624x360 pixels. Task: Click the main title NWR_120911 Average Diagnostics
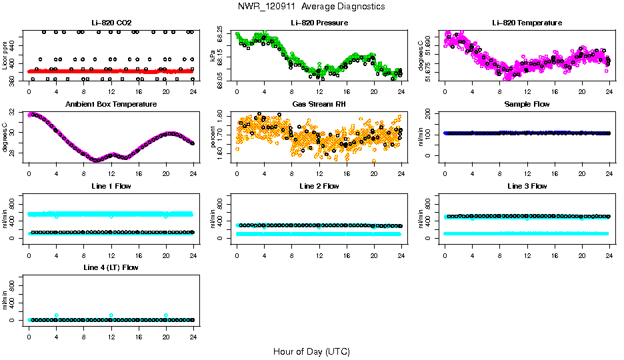click(x=311, y=7)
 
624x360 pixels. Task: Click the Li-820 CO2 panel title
click(x=111, y=23)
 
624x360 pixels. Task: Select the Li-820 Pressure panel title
click(x=319, y=23)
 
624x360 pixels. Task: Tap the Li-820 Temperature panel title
click(x=527, y=23)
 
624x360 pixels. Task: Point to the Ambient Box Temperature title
click(x=111, y=105)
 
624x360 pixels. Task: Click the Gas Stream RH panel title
click(x=319, y=105)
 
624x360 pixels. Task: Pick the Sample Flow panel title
click(x=527, y=105)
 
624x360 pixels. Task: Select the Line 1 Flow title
click(x=111, y=186)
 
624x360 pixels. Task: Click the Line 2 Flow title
click(x=319, y=186)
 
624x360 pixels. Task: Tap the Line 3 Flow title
click(x=527, y=186)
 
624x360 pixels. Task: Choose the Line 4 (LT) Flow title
click(x=111, y=267)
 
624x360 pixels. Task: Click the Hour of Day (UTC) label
click(x=311, y=351)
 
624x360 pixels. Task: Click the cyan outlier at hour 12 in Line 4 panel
click(x=111, y=315)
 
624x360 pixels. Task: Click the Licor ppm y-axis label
click(x=5, y=57)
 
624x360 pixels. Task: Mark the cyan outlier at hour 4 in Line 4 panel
click(x=56, y=315)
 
